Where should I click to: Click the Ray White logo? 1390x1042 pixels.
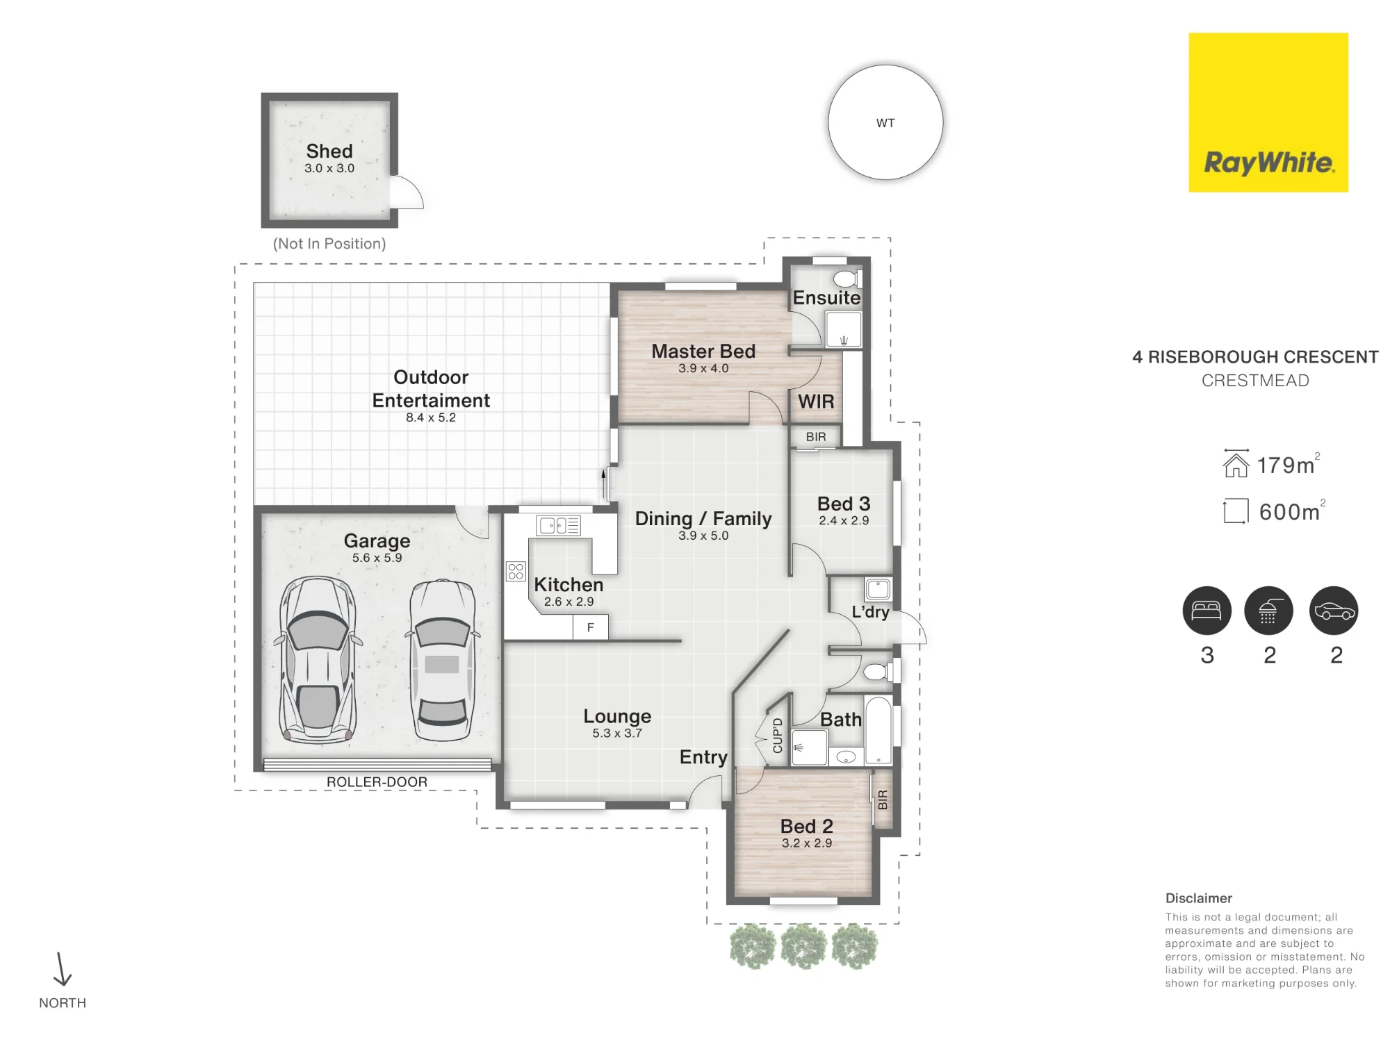click(1268, 113)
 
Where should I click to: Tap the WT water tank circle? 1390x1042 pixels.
click(885, 122)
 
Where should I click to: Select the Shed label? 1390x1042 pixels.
click(329, 151)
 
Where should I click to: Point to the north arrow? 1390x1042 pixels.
click(62, 969)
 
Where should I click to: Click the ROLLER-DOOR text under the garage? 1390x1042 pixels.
click(377, 782)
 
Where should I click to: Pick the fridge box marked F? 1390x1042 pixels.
click(591, 627)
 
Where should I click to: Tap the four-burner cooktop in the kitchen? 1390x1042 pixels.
click(516, 572)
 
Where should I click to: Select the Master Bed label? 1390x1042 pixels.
click(703, 352)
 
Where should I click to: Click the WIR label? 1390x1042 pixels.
click(816, 402)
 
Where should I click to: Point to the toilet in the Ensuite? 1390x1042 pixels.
click(847, 279)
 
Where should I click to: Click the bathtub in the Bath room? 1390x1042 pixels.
click(878, 731)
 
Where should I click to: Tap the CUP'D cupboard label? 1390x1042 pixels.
click(778, 736)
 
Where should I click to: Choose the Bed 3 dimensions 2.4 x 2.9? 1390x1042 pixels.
click(844, 521)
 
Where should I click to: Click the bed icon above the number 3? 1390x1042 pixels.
click(1207, 611)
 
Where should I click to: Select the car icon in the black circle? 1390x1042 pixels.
click(1334, 611)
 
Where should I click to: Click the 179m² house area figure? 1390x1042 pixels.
click(1288, 465)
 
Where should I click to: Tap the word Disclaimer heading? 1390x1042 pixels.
click(1199, 898)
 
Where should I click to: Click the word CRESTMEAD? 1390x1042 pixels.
click(1255, 381)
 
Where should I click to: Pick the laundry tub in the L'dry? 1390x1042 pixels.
click(878, 589)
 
